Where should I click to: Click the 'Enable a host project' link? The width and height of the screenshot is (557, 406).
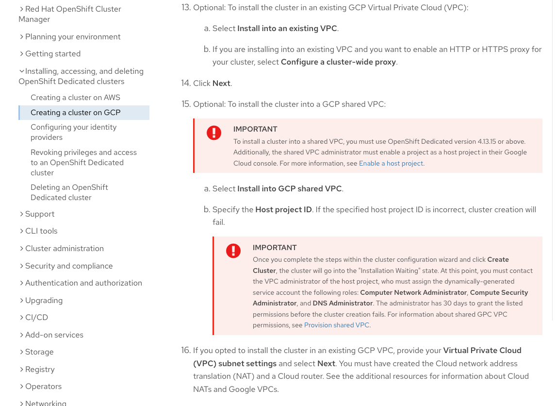(391, 164)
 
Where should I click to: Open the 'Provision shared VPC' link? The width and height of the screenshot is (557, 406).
(337, 325)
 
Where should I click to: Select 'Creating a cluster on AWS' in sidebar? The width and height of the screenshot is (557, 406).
(75, 98)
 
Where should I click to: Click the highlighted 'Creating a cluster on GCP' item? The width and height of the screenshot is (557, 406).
(75, 113)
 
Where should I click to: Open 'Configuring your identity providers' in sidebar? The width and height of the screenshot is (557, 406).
(74, 132)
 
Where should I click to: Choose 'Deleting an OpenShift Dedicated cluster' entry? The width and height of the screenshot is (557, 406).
(69, 192)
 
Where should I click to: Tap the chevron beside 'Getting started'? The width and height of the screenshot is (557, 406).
(22, 54)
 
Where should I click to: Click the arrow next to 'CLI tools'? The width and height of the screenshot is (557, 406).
(22, 231)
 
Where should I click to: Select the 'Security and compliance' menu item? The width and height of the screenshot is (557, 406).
(69, 266)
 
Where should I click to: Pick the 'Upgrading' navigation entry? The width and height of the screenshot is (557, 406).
(44, 301)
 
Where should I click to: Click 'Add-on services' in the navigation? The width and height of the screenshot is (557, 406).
(54, 335)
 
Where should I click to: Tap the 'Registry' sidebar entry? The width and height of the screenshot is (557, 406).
(40, 370)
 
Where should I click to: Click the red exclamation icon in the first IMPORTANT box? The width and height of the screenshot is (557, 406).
(214, 133)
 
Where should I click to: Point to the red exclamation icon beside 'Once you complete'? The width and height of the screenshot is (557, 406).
(233, 251)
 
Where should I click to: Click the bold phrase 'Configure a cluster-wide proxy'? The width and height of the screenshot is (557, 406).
(338, 62)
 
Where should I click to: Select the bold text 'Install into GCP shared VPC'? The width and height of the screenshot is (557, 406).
(289, 189)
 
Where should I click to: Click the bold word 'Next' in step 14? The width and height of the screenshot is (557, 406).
(221, 84)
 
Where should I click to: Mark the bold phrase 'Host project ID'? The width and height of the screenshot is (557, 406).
(283, 210)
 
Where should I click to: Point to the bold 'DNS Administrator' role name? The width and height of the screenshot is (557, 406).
(343, 304)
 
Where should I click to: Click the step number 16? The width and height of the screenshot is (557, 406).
(186, 351)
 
